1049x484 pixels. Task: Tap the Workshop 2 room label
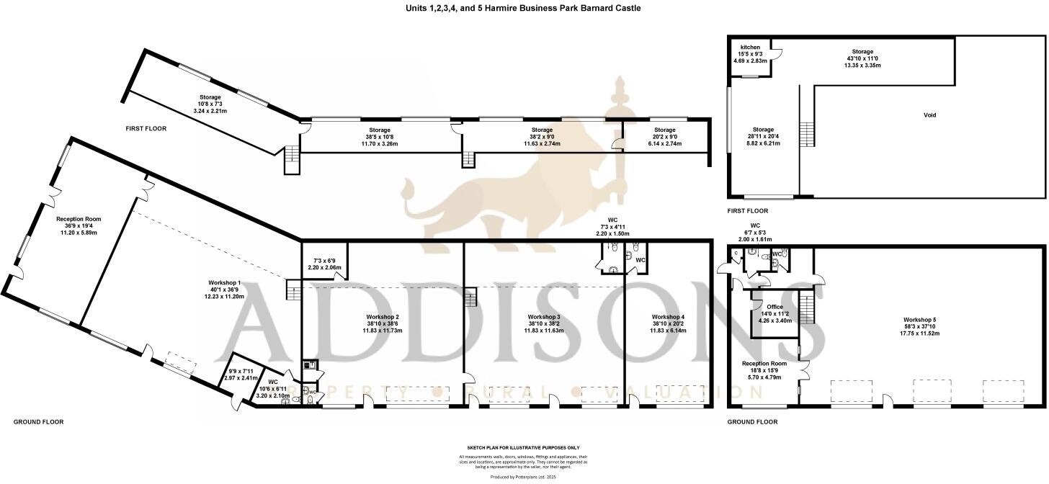(383, 318)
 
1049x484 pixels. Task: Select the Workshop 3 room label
(543, 318)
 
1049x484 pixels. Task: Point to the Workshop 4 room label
(667, 318)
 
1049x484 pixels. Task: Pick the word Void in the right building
(929, 115)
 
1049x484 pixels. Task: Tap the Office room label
(775, 307)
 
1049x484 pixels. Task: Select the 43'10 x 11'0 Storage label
(862, 52)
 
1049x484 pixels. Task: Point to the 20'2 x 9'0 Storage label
(665, 130)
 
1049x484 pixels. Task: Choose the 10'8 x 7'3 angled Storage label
(210, 97)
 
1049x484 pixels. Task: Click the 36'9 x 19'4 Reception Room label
(79, 219)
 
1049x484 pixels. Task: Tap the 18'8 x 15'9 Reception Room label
(764, 364)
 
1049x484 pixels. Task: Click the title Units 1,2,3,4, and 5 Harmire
(523, 8)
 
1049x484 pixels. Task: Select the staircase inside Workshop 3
(470, 297)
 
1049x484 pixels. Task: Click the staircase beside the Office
(808, 308)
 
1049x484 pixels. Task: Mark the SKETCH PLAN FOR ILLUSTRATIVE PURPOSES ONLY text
(524, 447)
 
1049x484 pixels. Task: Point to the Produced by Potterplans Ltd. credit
(524, 477)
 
